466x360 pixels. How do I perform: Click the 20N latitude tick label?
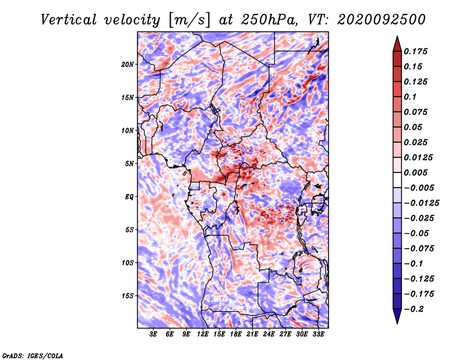(x=128, y=64)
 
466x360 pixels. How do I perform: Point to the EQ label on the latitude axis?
(x=129, y=197)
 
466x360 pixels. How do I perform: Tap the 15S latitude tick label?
(x=128, y=296)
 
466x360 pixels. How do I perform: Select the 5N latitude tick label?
(x=129, y=164)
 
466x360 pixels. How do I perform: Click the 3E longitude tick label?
(x=153, y=334)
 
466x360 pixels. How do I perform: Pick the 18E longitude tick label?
(x=236, y=334)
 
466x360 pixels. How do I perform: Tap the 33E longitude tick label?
(x=318, y=334)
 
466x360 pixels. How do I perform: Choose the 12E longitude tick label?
(x=203, y=334)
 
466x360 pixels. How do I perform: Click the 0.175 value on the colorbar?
(x=415, y=51)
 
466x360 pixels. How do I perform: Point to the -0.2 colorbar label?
(x=414, y=309)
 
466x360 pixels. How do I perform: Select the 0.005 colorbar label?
(x=415, y=172)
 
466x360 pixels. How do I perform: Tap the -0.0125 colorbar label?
(x=421, y=203)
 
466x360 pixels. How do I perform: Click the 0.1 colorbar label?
(x=410, y=97)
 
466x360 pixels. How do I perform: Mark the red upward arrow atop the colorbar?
(x=397, y=44)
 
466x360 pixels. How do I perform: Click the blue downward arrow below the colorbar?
(x=397, y=316)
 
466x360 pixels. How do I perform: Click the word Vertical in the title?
(x=69, y=20)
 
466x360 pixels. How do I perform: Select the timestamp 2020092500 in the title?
(x=382, y=20)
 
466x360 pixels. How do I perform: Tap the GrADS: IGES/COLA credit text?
(x=33, y=355)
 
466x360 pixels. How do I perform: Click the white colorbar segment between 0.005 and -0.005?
(x=397, y=180)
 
